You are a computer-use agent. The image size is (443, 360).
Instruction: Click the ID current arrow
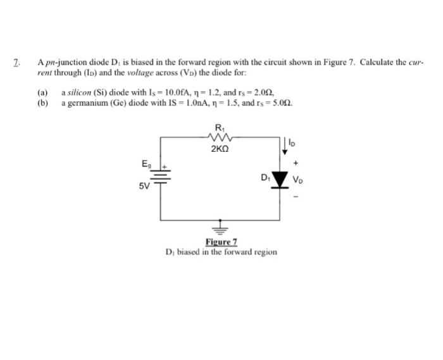(284, 147)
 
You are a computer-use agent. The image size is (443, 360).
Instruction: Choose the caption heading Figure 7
(221, 242)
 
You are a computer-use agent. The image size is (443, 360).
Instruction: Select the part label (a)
(42, 92)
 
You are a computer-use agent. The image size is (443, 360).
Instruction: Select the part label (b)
(42, 102)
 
